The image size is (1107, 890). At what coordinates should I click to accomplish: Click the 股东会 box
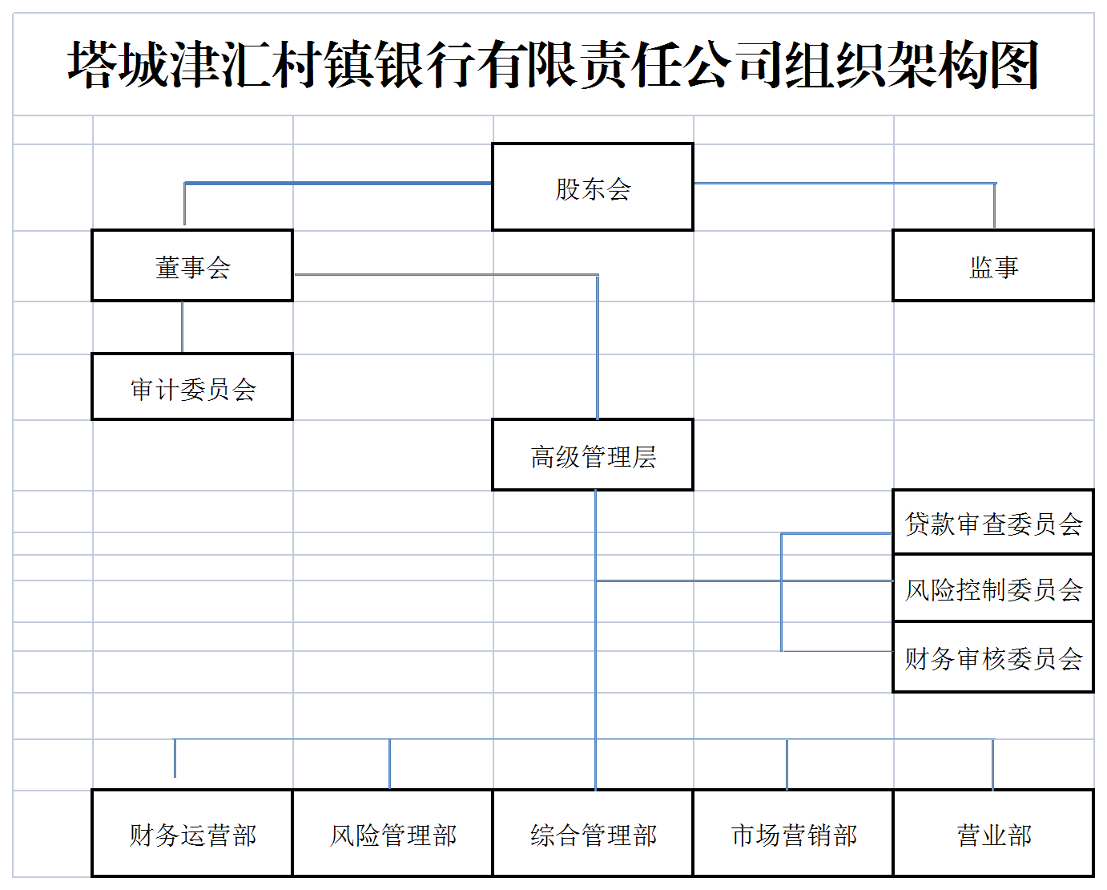tap(593, 187)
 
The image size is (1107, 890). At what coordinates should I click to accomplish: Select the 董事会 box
tap(192, 265)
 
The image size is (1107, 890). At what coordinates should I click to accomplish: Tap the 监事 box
tap(993, 265)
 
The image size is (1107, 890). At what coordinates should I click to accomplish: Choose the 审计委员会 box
tap(192, 386)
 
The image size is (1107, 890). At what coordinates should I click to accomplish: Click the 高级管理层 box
tap(593, 455)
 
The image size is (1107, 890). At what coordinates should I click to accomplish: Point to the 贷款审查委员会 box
tap(993, 522)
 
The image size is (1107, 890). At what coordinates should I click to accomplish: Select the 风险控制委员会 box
tap(993, 589)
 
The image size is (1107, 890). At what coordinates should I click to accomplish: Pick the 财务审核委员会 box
tap(993, 657)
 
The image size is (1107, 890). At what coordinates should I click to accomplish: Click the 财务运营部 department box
tap(192, 833)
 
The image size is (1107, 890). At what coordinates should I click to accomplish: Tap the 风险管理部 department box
tap(392, 833)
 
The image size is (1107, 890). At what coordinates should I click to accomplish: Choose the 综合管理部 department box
tap(593, 833)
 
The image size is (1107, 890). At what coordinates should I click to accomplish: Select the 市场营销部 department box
tap(793, 833)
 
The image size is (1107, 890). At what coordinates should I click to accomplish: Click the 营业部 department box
tap(993, 833)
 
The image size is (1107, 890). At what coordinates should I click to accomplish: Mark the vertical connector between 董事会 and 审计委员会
tap(182, 327)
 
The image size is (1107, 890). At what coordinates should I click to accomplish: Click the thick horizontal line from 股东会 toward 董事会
tap(338, 183)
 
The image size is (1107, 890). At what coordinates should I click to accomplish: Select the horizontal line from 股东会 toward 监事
tap(845, 183)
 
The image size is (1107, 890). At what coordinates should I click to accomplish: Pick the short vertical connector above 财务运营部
tap(175, 759)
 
